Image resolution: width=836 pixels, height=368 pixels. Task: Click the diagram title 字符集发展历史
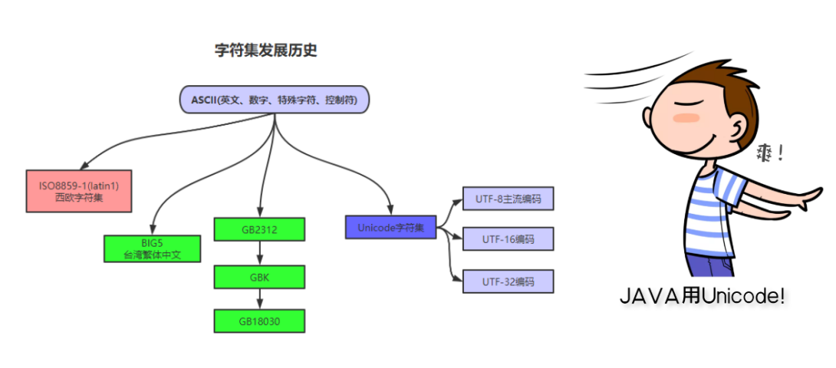click(265, 51)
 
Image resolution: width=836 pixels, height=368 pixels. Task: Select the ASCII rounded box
click(275, 100)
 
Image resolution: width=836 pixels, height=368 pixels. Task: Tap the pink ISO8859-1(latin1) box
click(78, 191)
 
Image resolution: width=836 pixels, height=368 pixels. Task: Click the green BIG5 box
click(151, 248)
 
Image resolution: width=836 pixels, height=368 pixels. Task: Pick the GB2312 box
click(259, 229)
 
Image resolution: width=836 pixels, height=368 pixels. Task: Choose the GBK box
click(259, 276)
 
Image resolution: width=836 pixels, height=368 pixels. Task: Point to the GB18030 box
click(259, 320)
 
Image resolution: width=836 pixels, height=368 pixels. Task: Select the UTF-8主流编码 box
click(508, 199)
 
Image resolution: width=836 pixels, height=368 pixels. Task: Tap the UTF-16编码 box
click(508, 239)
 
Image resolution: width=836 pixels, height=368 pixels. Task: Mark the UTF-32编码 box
click(508, 281)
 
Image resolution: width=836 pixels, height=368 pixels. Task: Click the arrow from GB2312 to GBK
click(259, 253)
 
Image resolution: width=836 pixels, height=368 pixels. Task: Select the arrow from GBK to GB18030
click(259, 299)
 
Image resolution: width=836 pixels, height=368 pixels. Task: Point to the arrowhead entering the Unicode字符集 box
click(391, 211)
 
